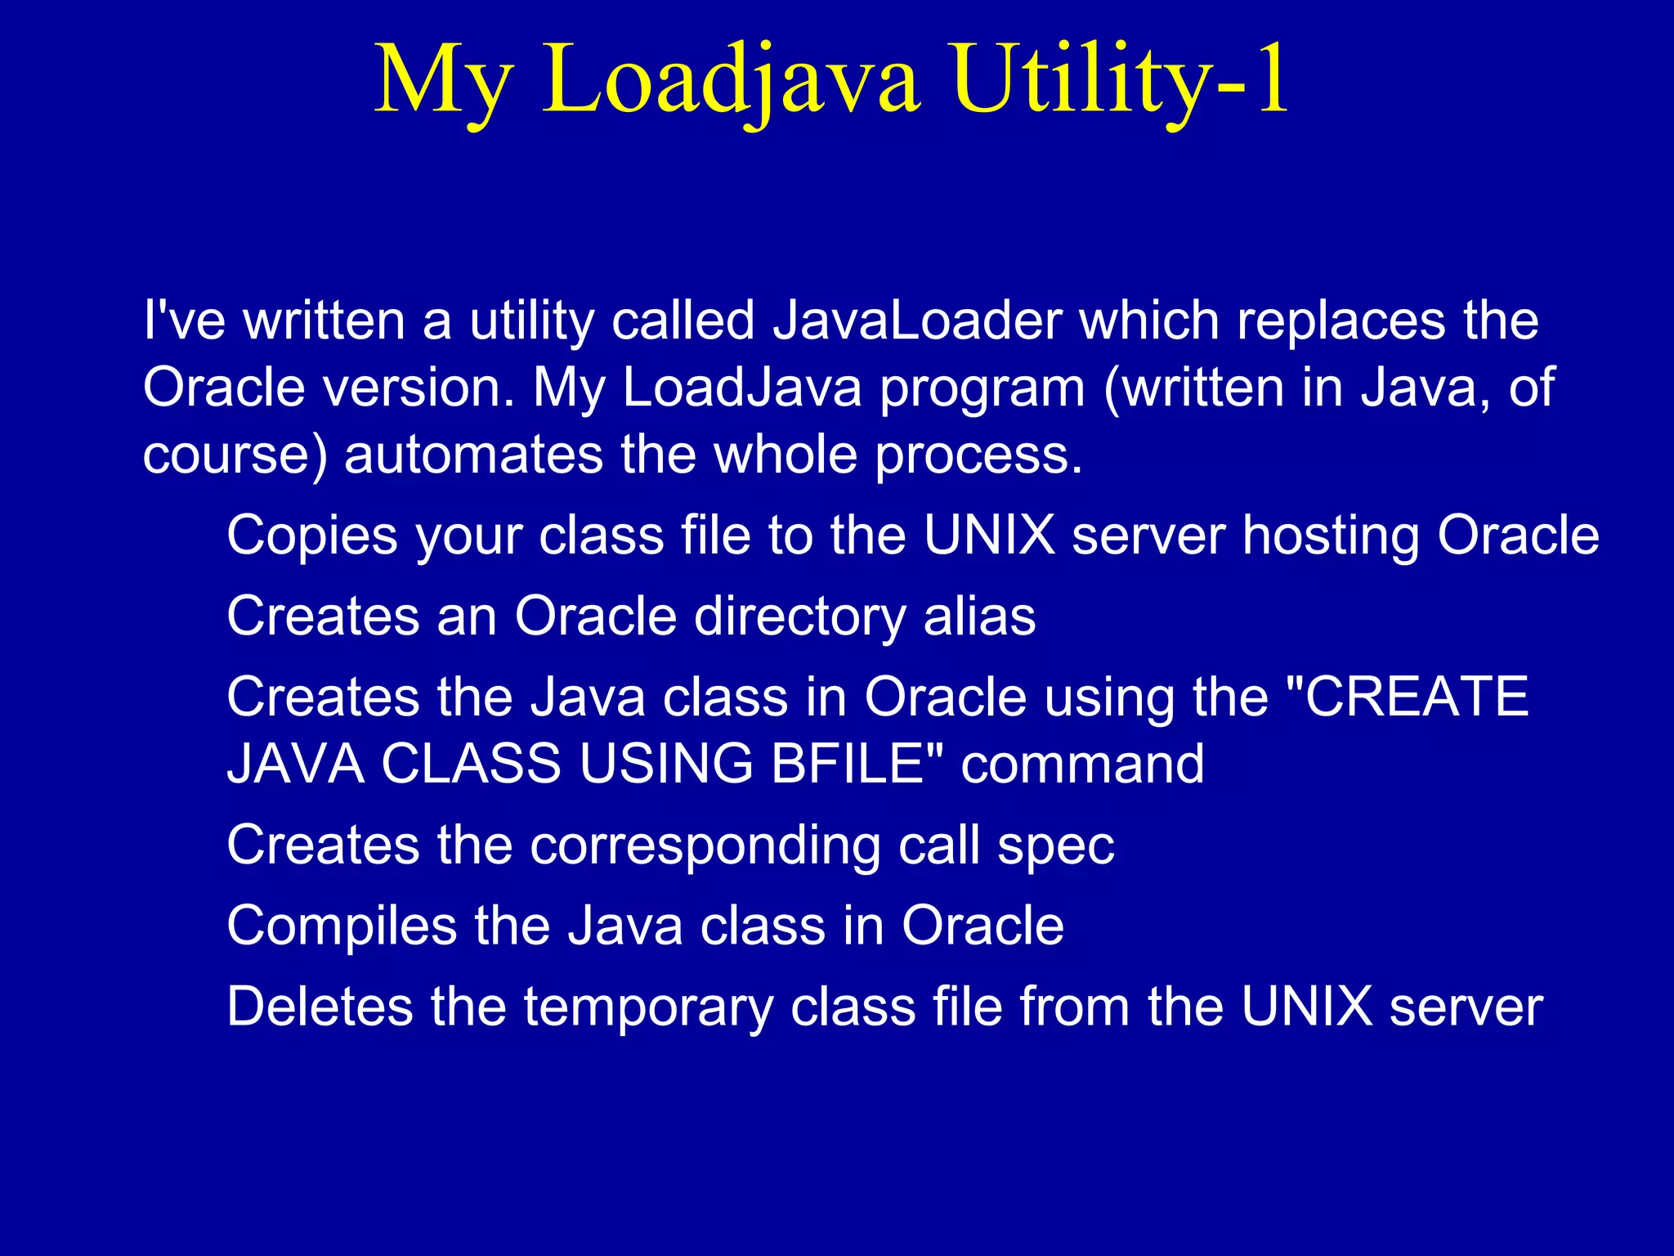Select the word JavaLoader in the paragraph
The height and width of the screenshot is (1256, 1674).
[x=917, y=320]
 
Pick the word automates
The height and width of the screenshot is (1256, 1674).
[x=473, y=455]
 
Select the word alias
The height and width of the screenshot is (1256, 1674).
[x=979, y=616]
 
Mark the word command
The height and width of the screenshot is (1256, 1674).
[x=1082, y=764]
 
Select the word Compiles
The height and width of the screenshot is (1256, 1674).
[x=342, y=926]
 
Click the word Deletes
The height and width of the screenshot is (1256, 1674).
[x=320, y=1006]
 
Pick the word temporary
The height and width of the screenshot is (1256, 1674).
[x=648, y=1006]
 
